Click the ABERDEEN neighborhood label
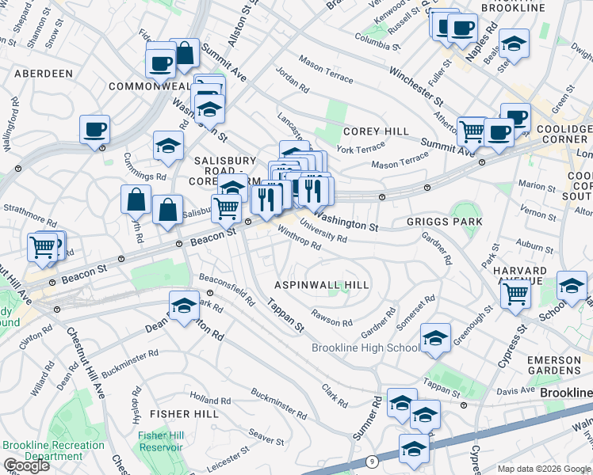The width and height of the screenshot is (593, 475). [43, 74]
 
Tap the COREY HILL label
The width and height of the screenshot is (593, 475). [376, 131]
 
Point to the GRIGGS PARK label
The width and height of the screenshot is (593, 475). [445, 222]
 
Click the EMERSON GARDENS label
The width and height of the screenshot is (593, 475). [553, 365]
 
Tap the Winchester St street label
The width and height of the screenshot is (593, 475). [415, 86]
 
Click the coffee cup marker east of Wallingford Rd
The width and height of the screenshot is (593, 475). [94, 131]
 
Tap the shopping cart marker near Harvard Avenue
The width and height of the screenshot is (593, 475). [516, 295]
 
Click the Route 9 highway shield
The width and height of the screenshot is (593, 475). [371, 461]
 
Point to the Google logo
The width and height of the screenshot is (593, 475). [26, 465]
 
